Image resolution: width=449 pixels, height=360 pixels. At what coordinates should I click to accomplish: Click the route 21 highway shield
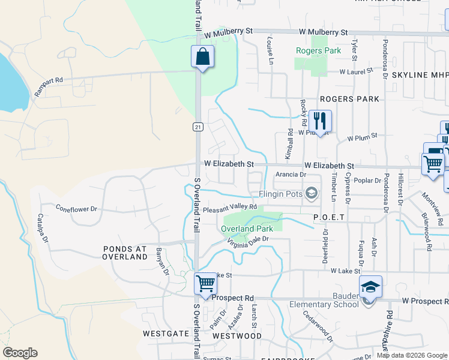pos(197,127)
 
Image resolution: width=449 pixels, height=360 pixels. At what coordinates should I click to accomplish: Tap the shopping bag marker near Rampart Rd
pos(203,57)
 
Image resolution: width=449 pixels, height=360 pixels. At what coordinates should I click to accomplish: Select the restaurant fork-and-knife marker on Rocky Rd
pos(321,121)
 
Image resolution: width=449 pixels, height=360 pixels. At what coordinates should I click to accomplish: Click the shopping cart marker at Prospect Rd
pos(205,283)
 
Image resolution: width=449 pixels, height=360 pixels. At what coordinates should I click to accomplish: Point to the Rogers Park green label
pos(318,51)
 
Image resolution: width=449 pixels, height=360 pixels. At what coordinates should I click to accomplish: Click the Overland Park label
pos(247,229)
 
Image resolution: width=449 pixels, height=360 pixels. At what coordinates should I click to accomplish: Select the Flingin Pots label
pos(280,193)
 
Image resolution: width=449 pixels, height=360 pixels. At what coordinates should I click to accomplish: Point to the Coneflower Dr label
pos(76,209)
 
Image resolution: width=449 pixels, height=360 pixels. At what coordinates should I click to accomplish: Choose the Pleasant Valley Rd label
pos(230,207)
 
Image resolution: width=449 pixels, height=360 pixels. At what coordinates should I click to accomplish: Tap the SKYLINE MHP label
pos(420,75)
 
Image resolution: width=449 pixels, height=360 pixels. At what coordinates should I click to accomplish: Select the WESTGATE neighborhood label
pos(166,332)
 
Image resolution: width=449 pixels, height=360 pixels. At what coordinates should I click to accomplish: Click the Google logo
pos(20,353)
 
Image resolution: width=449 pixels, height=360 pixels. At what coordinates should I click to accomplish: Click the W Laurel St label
pos(356,72)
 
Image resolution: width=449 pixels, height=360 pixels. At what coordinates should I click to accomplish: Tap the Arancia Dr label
pos(291,175)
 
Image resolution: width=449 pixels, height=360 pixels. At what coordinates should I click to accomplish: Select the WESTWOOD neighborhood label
pos(237,336)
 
